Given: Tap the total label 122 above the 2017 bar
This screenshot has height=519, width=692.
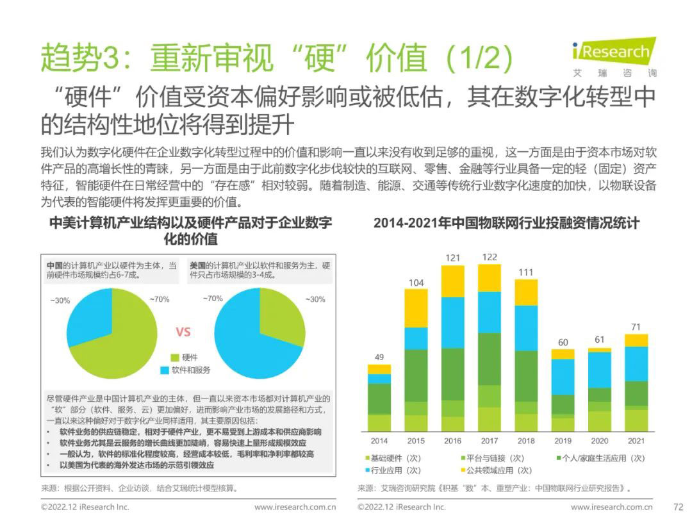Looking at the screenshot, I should pos(490,257).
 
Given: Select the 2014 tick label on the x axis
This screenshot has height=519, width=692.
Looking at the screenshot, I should pos(379,441).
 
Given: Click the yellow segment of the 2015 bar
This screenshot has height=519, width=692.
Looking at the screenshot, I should pos(416,308).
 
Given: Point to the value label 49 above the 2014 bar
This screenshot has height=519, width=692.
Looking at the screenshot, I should pos(379,357).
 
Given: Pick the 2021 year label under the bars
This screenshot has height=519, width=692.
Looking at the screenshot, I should pos(636,441).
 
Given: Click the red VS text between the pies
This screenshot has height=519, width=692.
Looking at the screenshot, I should pos(183,332).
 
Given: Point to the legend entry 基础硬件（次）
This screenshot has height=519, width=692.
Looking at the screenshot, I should pos(393,458).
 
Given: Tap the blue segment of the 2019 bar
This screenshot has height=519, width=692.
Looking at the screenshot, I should pos(563,376).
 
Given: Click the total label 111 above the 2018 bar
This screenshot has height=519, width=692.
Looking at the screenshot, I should pos(526,272).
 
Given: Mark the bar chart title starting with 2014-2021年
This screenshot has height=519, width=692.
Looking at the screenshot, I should pos(506,223).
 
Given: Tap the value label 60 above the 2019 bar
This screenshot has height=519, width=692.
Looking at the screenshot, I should pos(563,342).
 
